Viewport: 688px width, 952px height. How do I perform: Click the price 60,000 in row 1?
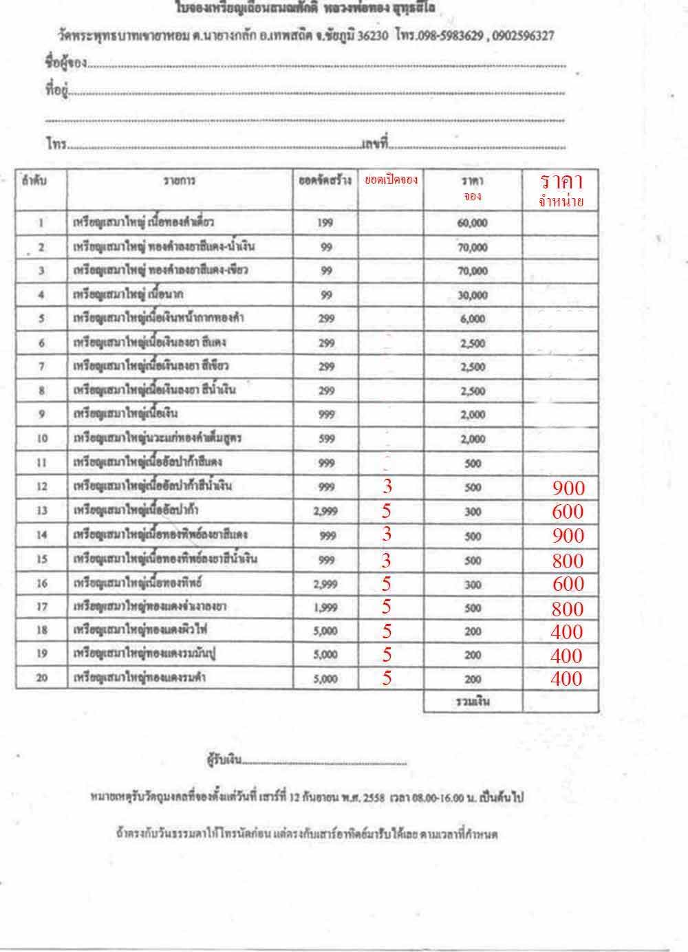point(473,224)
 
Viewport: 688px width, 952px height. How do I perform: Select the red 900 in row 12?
point(568,488)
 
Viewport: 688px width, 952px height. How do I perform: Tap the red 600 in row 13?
point(568,512)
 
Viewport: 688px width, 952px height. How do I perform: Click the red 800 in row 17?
point(568,608)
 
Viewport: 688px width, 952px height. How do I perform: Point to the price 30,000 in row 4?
point(473,295)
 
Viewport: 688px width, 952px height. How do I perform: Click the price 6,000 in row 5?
point(473,319)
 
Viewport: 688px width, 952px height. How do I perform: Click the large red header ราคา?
point(561,182)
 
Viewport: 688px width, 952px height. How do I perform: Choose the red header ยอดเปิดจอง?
point(391,180)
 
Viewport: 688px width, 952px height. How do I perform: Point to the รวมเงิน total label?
point(472,702)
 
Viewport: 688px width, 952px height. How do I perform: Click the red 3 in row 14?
point(387,535)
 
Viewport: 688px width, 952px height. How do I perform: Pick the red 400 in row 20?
point(566,679)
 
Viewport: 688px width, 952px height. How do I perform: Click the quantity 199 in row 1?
point(325,224)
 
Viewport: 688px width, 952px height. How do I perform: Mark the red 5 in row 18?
point(387,631)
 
